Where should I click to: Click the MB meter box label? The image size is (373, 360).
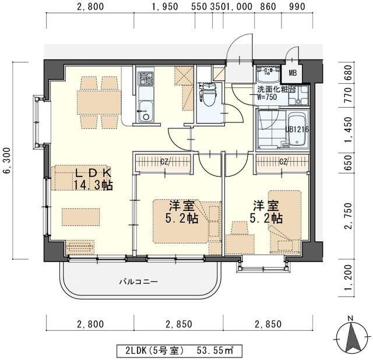pyautogui.click(x=293, y=73)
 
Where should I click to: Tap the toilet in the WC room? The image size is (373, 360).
pyautogui.click(x=208, y=93)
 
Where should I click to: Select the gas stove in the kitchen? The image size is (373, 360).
pyautogui.click(x=146, y=78)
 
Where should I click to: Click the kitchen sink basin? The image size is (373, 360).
pyautogui.click(x=146, y=111)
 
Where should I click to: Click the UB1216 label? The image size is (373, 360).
pyautogui.click(x=297, y=129)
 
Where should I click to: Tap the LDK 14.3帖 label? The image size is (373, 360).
pyautogui.click(x=93, y=179)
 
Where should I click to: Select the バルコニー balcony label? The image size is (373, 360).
pyautogui.click(x=139, y=283)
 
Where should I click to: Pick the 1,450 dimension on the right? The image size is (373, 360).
pyautogui.click(x=349, y=129)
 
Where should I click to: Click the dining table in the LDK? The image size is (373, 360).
pyautogui.click(x=99, y=103)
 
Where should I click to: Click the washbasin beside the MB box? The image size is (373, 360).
pyautogui.click(x=268, y=74)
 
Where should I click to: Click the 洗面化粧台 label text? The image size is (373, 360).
pyautogui.click(x=276, y=90)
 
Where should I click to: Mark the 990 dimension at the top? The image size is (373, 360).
pyautogui.click(x=296, y=6)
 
